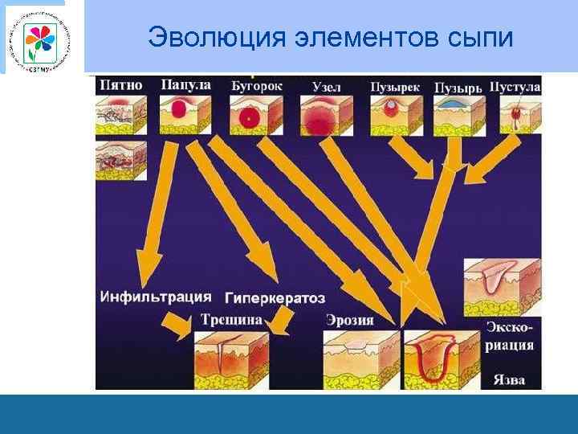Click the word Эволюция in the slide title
coord(209,37)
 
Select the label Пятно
coord(120,84)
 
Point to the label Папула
coord(185,84)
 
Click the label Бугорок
coord(256,84)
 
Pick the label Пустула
coord(515,85)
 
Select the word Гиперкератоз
coord(275,297)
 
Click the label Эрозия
coord(350,320)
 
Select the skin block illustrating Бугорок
coord(254,115)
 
